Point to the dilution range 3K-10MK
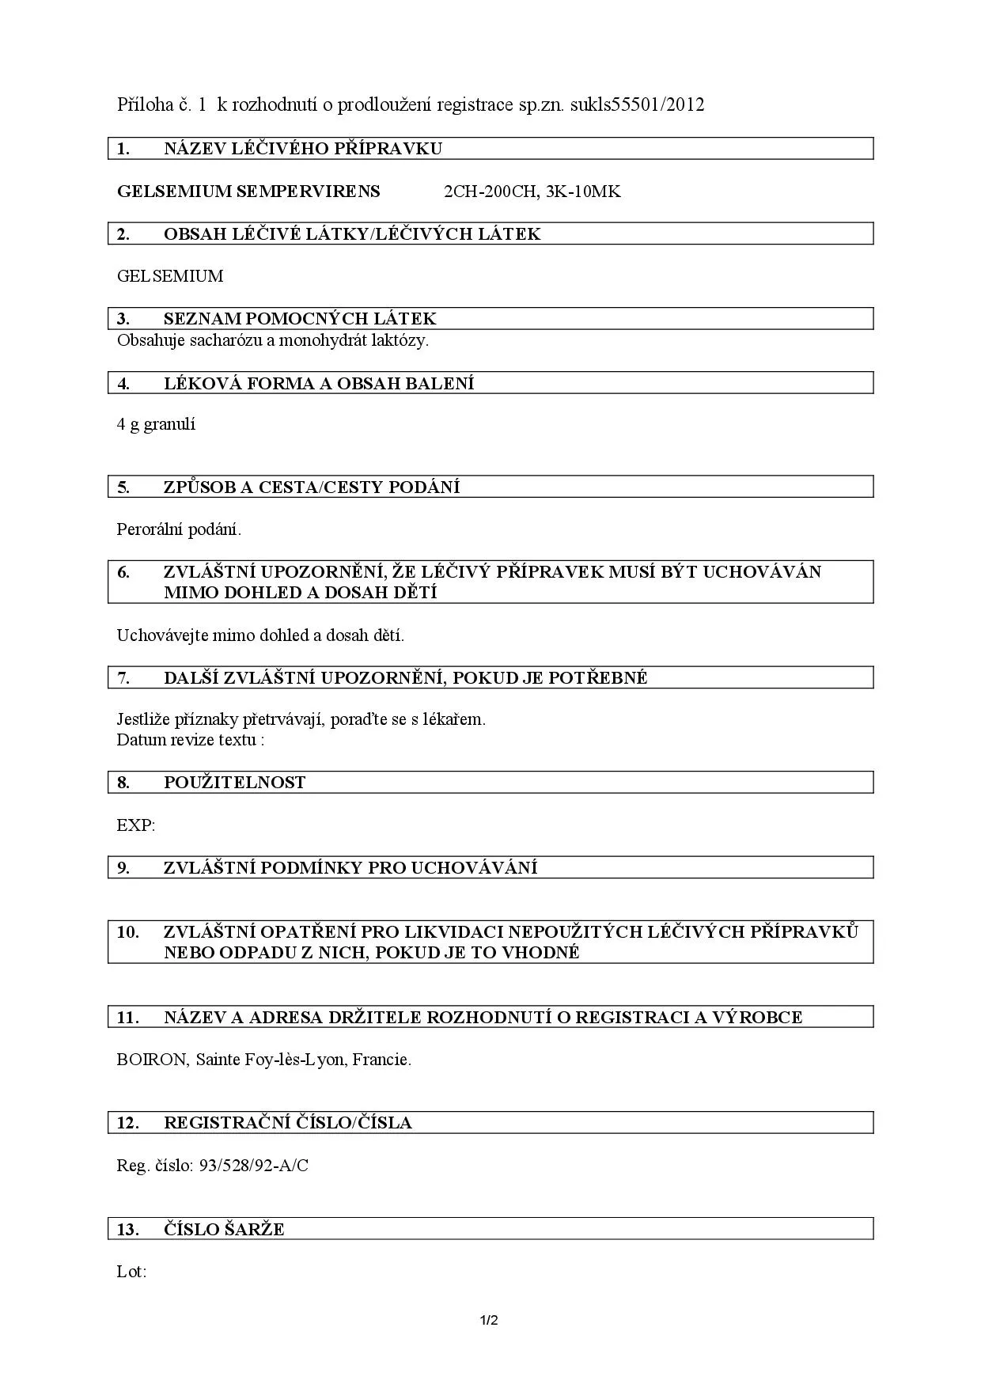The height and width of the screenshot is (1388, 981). [583, 192]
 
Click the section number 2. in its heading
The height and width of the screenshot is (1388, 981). [123, 234]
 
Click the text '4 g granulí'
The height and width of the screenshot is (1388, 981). [156, 424]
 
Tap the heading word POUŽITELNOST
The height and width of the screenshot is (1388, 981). [234, 783]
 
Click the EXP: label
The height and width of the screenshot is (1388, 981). [136, 825]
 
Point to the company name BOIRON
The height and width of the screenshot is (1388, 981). [152, 1060]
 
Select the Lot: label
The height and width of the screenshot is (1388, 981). [131, 1272]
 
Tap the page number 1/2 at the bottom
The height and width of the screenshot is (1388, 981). [489, 1320]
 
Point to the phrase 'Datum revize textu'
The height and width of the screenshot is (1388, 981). [187, 740]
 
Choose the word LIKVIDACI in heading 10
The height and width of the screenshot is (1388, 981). [458, 932]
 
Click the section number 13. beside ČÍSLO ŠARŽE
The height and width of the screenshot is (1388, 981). [127, 1230]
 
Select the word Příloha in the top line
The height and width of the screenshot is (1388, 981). [145, 104]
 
